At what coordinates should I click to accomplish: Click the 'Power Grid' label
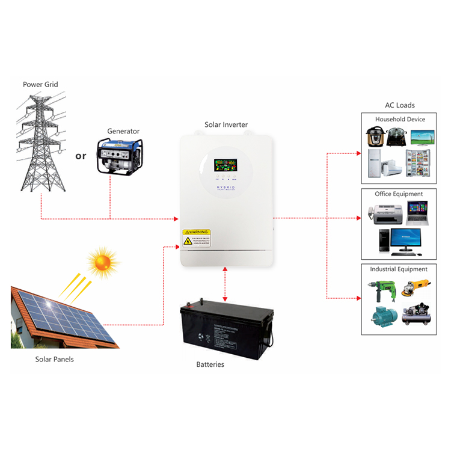(x=40, y=84)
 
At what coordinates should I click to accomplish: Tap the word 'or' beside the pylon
(x=81, y=156)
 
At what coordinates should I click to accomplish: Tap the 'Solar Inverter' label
(x=226, y=125)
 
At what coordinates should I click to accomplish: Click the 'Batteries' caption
(x=210, y=364)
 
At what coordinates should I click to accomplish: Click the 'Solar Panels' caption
(x=54, y=359)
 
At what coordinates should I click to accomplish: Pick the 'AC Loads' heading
(x=400, y=105)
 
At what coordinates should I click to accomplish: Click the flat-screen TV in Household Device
(x=420, y=137)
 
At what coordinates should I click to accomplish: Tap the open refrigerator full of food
(x=419, y=163)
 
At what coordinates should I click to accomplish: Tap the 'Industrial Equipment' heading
(x=399, y=269)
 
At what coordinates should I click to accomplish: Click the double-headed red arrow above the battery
(x=225, y=284)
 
